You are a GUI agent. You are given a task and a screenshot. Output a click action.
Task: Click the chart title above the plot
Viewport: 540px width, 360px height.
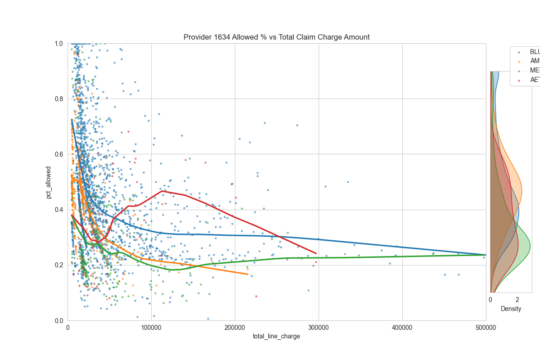click(276, 37)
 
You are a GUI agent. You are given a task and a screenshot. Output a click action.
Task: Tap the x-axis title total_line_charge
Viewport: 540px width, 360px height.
click(276, 336)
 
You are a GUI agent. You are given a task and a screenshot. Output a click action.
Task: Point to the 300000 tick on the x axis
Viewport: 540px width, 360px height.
click(319, 328)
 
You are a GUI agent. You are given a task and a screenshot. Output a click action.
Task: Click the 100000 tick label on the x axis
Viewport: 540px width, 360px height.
click(151, 328)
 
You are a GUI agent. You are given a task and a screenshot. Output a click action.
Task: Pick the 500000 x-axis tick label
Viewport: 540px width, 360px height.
click(486, 328)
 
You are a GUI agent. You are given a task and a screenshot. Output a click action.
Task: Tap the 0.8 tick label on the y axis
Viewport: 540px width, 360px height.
click(59, 99)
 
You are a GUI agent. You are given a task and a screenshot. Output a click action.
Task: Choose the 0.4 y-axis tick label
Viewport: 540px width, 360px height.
click(59, 210)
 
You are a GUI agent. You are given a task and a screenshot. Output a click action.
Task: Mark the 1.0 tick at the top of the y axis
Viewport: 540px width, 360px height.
click(59, 44)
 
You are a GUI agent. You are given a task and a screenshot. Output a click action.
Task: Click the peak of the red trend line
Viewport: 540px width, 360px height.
click(162, 191)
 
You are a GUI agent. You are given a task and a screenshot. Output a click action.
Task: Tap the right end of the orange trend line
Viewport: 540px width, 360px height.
click(247, 274)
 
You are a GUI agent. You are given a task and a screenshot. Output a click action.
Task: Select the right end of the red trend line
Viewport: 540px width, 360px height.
click(316, 254)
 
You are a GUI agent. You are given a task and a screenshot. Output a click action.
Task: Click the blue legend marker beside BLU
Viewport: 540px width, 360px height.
click(518, 52)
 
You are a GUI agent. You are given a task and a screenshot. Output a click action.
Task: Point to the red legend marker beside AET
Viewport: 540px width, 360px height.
click(518, 80)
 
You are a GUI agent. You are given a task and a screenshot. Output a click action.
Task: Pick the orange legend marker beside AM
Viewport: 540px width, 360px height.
click(518, 61)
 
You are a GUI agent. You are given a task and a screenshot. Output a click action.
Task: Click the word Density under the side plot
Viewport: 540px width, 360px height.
click(511, 309)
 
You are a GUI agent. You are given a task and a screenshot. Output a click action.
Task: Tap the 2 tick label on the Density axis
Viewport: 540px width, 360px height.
click(517, 300)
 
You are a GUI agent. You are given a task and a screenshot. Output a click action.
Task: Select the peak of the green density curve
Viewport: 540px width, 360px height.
click(530, 246)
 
